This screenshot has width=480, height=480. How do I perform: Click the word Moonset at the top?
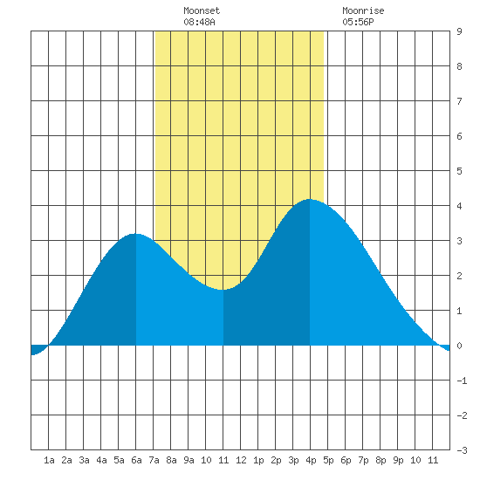202,10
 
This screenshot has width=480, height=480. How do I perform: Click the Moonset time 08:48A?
199,22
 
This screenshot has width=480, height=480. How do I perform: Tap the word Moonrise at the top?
363,10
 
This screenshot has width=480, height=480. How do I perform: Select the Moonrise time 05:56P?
358,22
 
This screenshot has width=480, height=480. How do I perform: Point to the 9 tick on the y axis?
459,31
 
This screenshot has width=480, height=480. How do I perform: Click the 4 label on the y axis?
459,206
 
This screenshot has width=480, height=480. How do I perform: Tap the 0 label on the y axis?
459,346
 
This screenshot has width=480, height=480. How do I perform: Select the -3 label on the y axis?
462,450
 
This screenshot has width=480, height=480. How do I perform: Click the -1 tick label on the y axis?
462,381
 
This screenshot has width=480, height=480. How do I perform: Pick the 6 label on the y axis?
459,136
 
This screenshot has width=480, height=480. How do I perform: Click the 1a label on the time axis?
49,460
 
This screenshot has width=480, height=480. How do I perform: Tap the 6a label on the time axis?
136,460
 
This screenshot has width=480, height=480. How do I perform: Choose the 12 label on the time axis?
241,460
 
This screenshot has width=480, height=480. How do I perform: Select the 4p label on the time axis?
311,460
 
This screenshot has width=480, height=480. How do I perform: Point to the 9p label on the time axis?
398,460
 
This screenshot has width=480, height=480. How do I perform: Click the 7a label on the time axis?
154,460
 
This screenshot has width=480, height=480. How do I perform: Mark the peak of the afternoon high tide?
310,199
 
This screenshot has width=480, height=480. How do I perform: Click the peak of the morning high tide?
135,234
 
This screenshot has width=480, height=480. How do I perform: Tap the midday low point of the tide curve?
223,289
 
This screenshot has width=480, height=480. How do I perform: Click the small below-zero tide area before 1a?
37,350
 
